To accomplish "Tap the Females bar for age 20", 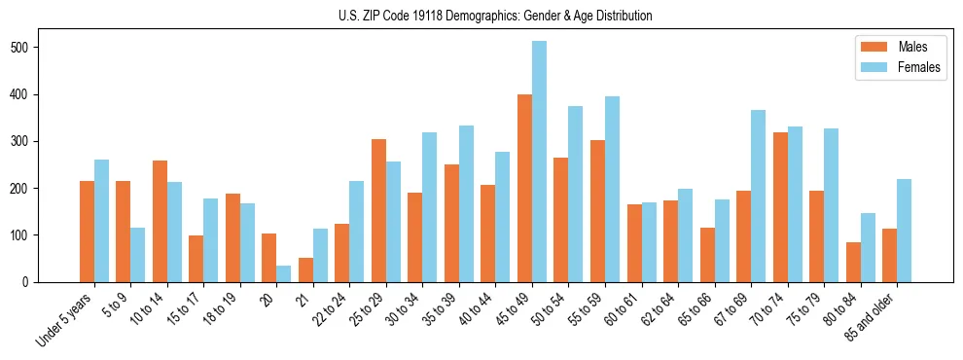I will pos(284,273).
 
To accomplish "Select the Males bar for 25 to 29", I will pos(378,210).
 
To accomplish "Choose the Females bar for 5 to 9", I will pos(138,255).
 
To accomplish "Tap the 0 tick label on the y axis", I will pos(31,282).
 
